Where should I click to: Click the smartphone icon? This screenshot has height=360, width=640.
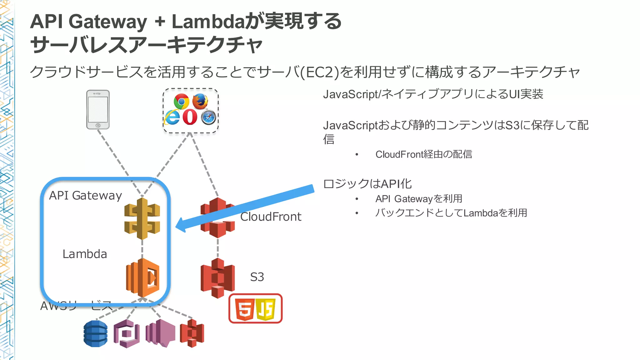(x=98, y=109)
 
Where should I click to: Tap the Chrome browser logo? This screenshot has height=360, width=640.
(x=181, y=101)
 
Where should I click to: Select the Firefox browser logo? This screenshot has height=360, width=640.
(x=200, y=101)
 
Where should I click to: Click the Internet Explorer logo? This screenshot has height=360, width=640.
(x=172, y=117)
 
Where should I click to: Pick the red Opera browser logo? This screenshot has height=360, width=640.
(x=190, y=117)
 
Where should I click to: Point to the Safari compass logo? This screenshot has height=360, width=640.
(x=208, y=117)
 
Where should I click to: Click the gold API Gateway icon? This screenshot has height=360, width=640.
(x=142, y=219)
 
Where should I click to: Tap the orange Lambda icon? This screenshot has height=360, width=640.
(x=143, y=277)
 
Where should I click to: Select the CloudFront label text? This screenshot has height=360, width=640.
(x=271, y=217)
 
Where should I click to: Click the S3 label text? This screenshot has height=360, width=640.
(x=257, y=277)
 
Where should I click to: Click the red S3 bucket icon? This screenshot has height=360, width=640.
(x=217, y=278)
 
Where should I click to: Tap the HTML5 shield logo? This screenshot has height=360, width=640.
(x=245, y=309)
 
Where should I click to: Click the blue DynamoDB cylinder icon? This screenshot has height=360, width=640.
(x=96, y=333)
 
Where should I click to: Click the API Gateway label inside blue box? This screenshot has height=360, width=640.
(x=85, y=196)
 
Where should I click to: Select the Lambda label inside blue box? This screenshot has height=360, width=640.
(x=85, y=254)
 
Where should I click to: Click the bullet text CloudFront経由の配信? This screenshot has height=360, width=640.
(x=423, y=154)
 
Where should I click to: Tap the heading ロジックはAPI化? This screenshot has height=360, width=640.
(x=367, y=184)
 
